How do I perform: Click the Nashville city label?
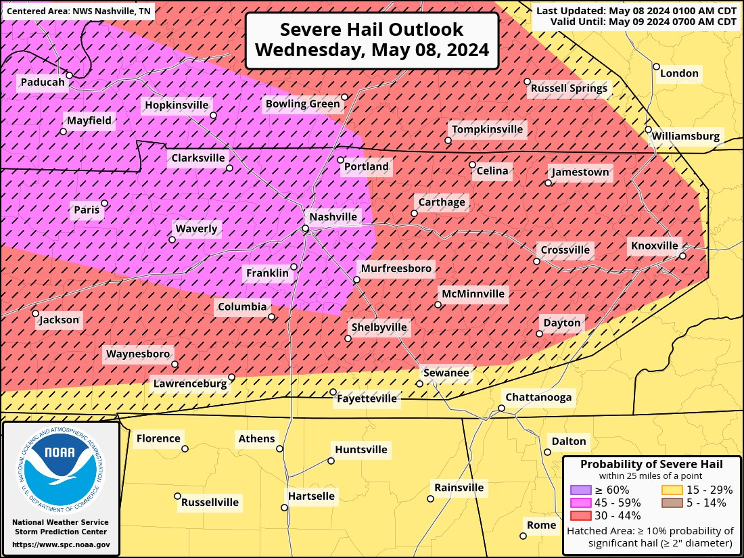click(x=333, y=217)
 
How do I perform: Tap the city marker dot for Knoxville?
click(x=683, y=256)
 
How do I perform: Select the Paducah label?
click(x=43, y=83)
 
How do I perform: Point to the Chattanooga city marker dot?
click(x=502, y=408)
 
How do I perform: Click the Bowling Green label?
click(x=302, y=103)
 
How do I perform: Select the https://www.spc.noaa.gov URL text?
click(x=61, y=544)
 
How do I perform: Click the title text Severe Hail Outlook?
click(x=371, y=30)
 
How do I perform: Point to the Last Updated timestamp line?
click(x=636, y=11)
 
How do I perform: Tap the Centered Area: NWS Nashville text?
click(x=79, y=11)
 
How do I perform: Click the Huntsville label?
click(x=361, y=450)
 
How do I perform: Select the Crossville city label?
click(x=564, y=250)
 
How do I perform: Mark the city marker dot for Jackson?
click(x=36, y=314)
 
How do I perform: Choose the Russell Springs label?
click(x=569, y=88)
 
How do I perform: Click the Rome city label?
click(x=541, y=525)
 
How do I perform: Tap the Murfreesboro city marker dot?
click(x=356, y=279)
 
